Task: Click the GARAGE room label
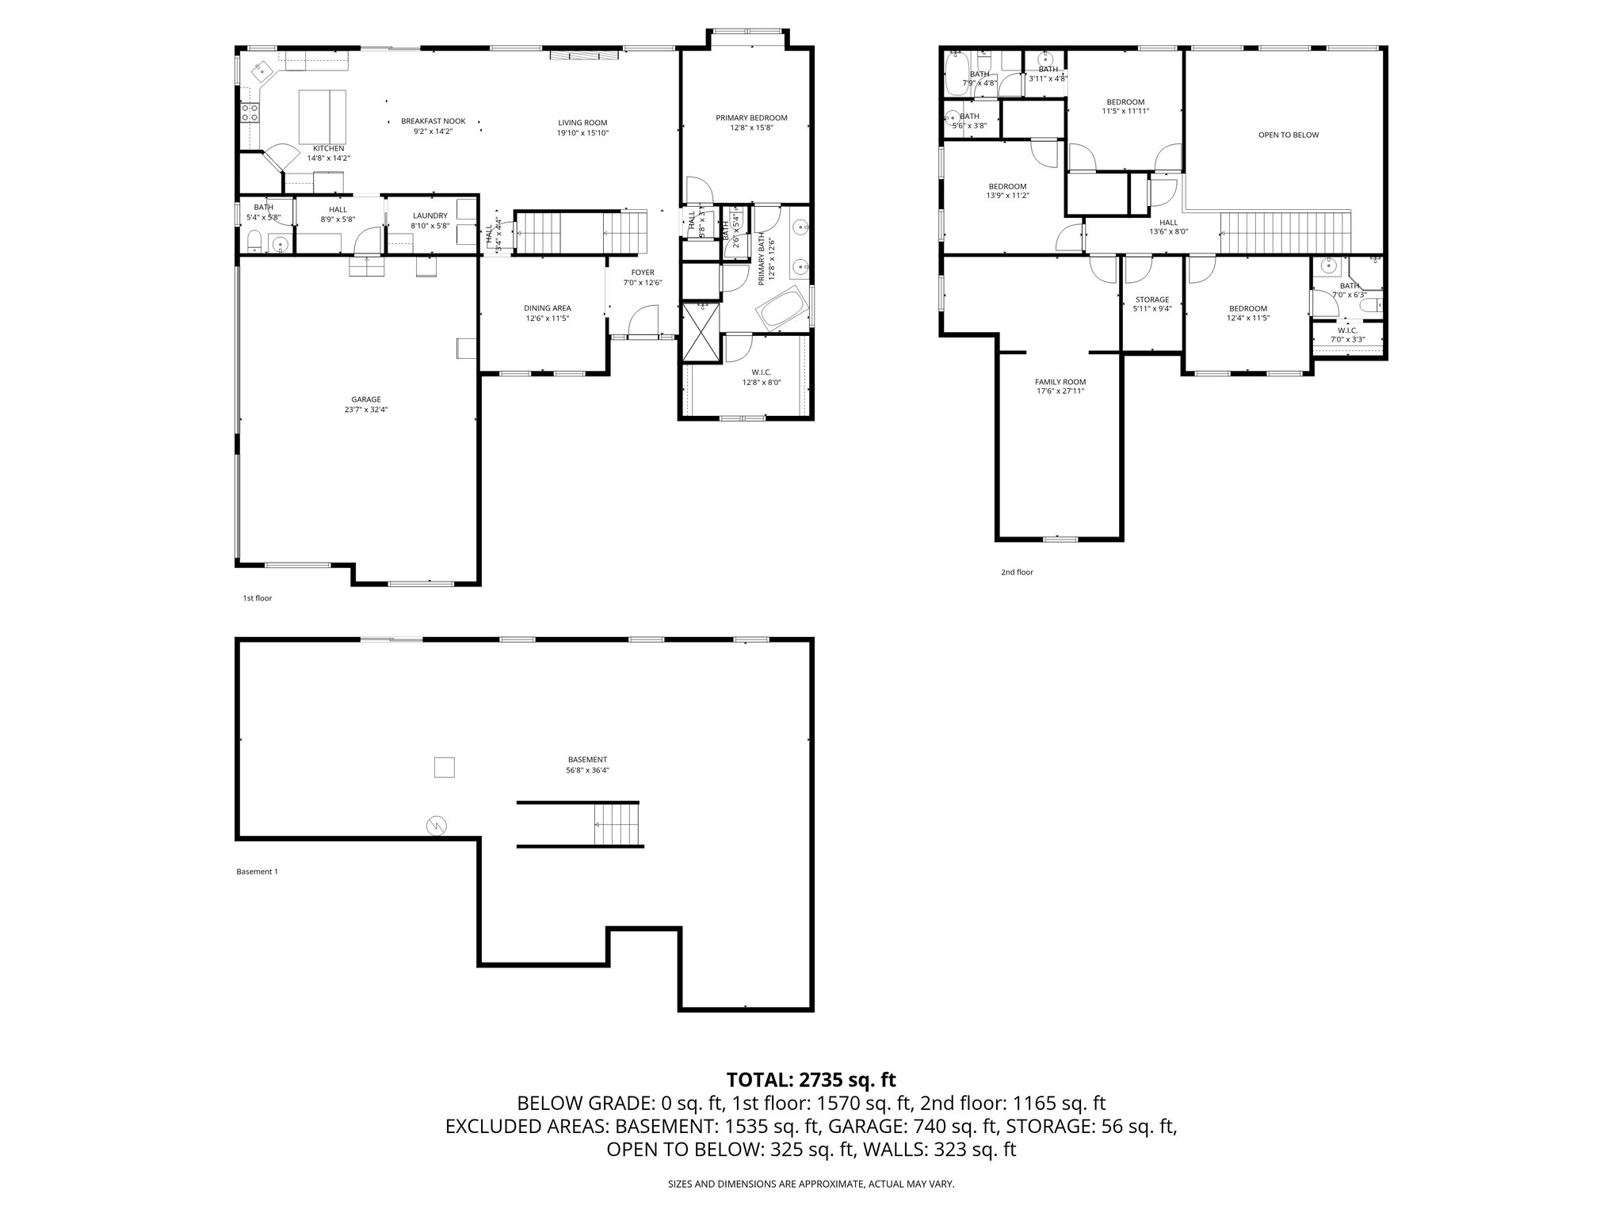[365, 399]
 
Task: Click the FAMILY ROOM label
[1060, 381]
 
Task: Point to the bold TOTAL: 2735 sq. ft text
[811, 1079]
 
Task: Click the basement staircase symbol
[617, 825]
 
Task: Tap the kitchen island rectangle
[322, 115]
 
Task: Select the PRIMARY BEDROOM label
[750, 118]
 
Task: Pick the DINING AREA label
[547, 308]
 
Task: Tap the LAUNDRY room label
[430, 216]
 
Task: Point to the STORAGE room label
[1151, 299]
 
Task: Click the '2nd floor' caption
[1017, 572]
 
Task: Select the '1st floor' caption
[257, 598]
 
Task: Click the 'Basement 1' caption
[257, 872]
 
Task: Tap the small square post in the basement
[444, 767]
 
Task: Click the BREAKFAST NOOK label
[433, 121]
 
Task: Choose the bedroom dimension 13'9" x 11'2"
[1007, 196]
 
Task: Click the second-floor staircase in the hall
[1284, 233]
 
